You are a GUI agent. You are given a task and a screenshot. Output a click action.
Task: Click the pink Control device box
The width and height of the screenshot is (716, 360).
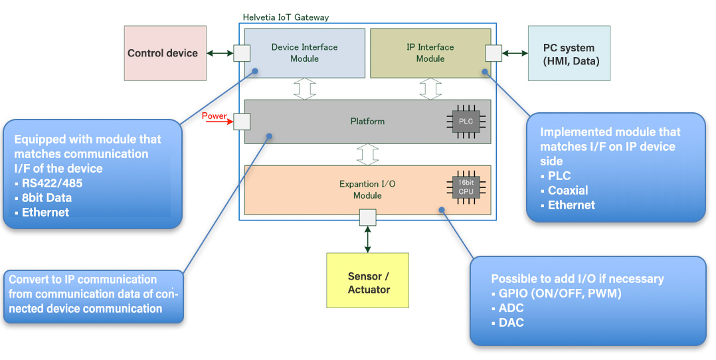[162, 53]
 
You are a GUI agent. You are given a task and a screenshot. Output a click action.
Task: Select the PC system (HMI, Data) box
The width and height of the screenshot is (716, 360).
[569, 53]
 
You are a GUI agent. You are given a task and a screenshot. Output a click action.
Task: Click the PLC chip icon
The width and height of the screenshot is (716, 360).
[466, 122]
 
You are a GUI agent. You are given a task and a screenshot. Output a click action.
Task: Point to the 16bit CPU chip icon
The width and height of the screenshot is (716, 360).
[466, 186]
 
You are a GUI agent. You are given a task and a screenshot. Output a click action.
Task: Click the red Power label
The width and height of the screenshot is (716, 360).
[214, 116]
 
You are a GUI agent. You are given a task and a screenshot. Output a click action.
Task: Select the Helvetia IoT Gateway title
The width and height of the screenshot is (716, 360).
[286, 17]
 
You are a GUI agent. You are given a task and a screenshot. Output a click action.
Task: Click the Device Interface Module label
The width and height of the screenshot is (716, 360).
[304, 53]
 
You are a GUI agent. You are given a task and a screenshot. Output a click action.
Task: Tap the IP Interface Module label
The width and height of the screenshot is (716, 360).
[430, 53]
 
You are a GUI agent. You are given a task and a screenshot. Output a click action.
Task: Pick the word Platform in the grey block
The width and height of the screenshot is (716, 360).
[367, 122]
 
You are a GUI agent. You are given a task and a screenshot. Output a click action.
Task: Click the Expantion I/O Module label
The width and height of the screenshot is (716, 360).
[367, 189]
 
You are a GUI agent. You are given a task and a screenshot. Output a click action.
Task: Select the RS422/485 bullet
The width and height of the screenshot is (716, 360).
[46, 183]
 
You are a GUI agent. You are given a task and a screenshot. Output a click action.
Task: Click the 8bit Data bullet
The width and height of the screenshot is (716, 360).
[46, 198]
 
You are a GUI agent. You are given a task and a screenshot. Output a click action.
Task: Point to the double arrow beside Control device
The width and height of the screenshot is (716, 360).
[219, 53]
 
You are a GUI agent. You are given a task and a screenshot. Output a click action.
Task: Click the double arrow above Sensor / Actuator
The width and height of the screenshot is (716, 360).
[367, 238]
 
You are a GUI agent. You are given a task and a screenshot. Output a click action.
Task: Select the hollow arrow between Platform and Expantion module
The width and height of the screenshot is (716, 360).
[367, 154]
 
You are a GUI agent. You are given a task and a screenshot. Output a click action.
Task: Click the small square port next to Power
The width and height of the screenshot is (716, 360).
[242, 121]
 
